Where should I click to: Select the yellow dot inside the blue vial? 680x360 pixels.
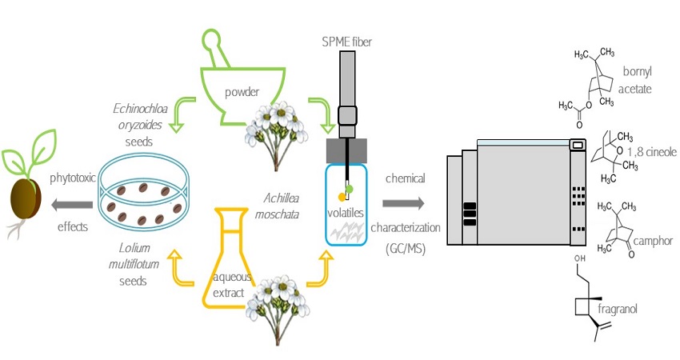tap(342, 196)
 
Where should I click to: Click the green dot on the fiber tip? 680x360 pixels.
tap(349, 188)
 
